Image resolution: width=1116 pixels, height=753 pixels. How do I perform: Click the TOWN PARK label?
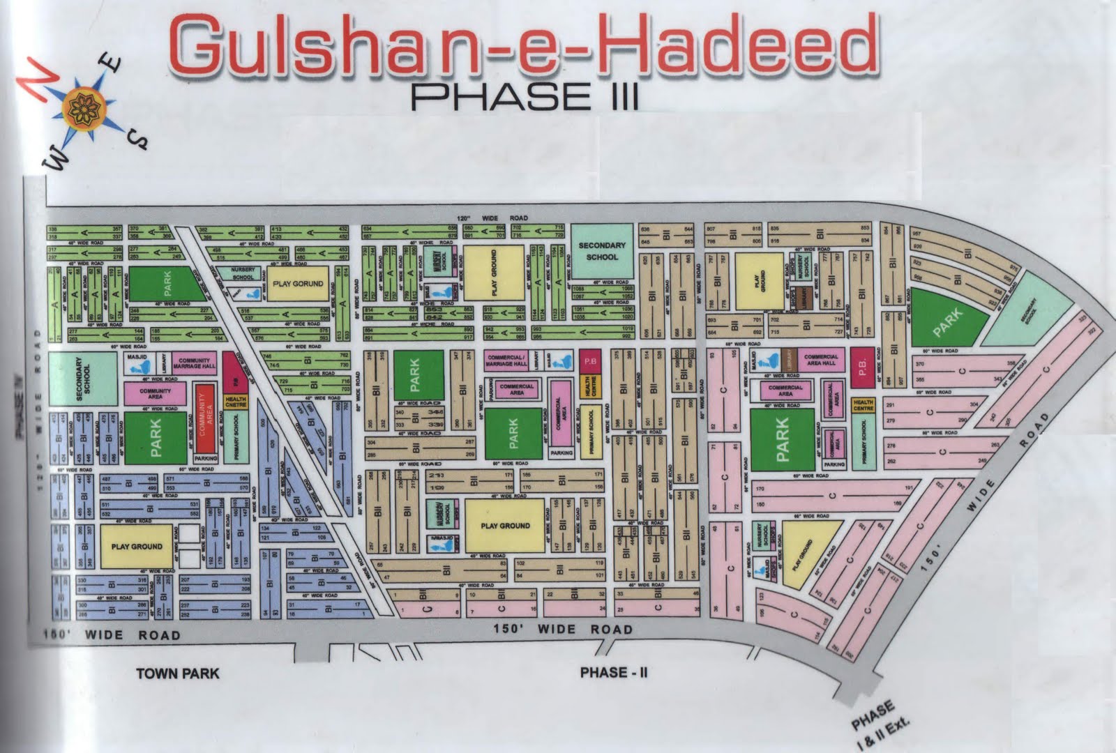pyautogui.click(x=177, y=673)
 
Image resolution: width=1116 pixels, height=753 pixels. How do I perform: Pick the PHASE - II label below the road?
pyautogui.click(x=614, y=672)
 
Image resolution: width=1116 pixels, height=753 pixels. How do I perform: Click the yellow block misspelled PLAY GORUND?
pyautogui.click(x=298, y=284)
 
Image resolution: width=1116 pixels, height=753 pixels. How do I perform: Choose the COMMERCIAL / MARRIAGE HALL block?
pyautogui.click(x=506, y=360)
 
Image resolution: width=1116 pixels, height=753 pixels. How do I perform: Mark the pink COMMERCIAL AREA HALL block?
pyautogui.click(x=820, y=360)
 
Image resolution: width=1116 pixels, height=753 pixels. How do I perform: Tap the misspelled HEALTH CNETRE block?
pyautogui.click(x=236, y=403)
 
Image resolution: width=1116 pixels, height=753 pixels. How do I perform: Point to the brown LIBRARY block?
pyautogui.click(x=789, y=360)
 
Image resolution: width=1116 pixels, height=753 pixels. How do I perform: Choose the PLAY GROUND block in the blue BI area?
pyautogui.click(x=137, y=546)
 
